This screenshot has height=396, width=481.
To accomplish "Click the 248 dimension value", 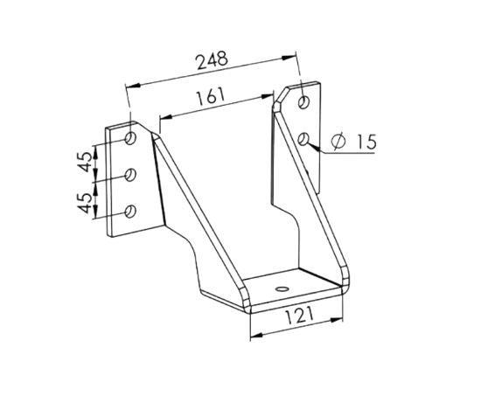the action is [213, 60].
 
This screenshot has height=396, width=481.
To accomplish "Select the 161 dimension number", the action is [211, 97].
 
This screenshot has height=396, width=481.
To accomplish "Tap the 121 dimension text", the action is [300, 316].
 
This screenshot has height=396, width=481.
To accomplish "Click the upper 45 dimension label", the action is [86, 162].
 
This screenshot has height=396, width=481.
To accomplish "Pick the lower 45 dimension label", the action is [86, 203].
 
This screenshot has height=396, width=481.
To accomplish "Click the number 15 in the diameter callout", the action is [366, 142].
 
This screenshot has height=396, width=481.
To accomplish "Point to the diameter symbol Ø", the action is [338, 142].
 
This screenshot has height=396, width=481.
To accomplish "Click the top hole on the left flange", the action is [130, 138].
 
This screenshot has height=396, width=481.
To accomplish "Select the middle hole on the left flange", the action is [131, 175].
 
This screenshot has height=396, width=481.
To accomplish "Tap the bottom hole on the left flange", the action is [131, 212].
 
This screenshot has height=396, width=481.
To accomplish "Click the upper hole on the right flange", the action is [304, 102].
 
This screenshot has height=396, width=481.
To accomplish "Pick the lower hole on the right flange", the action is [304, 139].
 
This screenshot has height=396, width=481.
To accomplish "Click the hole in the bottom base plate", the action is [282, 288].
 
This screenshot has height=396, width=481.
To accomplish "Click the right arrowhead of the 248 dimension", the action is [289, 58].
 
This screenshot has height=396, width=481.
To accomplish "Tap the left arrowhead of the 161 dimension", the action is [166, 117].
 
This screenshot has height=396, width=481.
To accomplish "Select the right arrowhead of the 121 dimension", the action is [336, 320].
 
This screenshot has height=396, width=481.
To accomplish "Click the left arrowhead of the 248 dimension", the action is [133, 86].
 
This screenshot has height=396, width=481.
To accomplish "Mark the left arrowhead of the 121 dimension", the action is [257, 336].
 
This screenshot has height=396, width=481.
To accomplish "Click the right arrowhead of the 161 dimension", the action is [267, 96].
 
